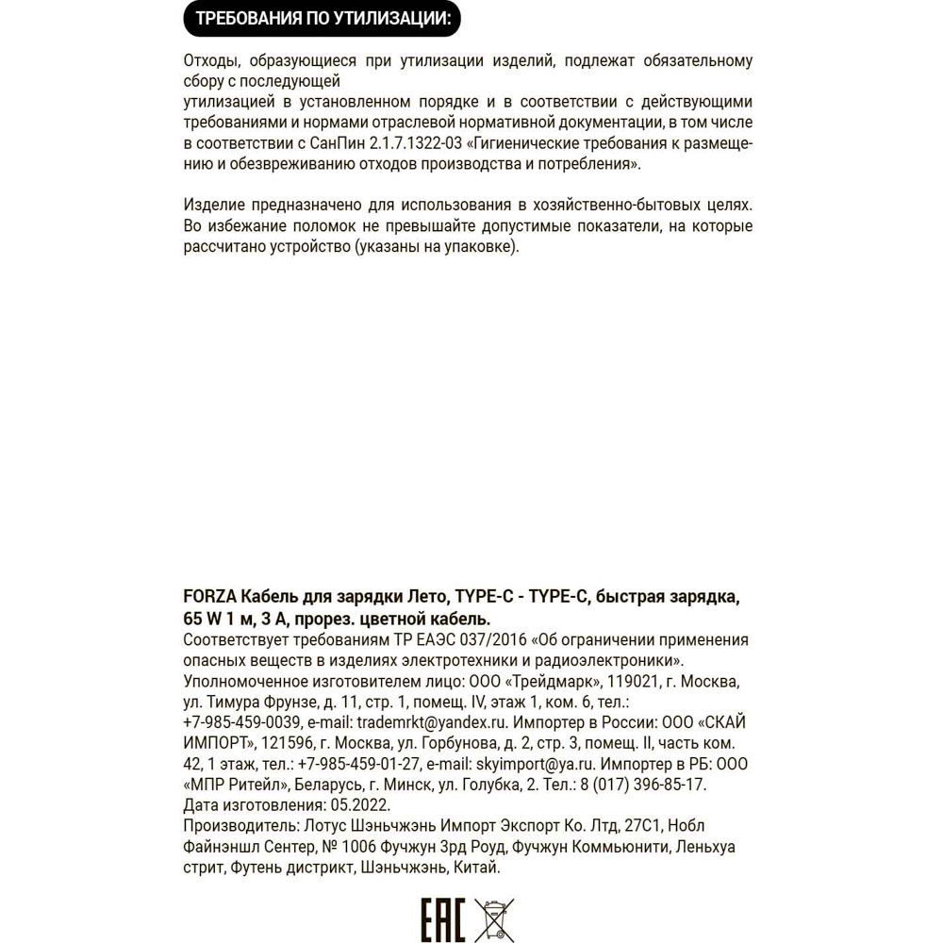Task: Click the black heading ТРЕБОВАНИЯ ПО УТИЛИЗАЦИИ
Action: coord(323,18)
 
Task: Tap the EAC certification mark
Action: coord(442,918)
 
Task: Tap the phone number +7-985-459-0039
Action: coord(242,722)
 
